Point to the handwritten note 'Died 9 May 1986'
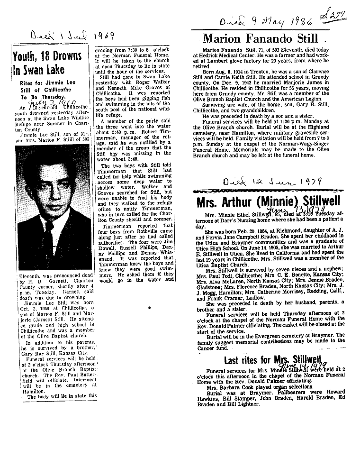click(272, 21)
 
